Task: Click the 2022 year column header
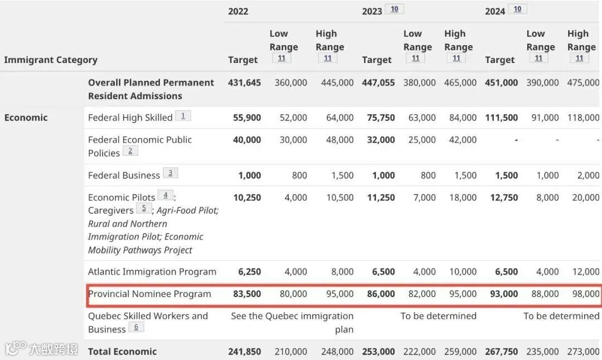pyautogui.click(x=238, y=11)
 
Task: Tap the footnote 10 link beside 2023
pyautogui.click(x=395, y=9)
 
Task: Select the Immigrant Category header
pyautogui.click(x=51, y=60)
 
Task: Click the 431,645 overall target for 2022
pyautogui.click(x=244, y=82)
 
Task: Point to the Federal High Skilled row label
pyautogui.click(x=130, y=118)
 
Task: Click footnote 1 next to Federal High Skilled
pyautogui.click(x=183, y=115)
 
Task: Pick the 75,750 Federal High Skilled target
pyautogui.click(x=381, y=118)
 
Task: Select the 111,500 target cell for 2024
pyautogui.click(x=501, y=118)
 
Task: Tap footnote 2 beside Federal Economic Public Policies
pyautogui.click(x=130, y=150)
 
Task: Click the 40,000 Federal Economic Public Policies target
pyautogui.click(x=246, y=140)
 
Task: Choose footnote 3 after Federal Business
pyautogui.click(x=170, y=173)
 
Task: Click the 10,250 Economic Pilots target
pyautogui.click(x=246, y=197)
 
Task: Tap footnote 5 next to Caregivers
pyautogui.click(x=143, y=208)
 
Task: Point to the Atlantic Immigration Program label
pyautogui.click(x=152, y=272)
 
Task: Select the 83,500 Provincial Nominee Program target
pyautogui.click(x=246, y=294)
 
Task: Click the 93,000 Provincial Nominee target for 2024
pyautogui.click(x=503, y=294)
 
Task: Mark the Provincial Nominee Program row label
pyautogui.click(x=149, y=294)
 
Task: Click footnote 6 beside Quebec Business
pyautogui.click(x=136, y=327)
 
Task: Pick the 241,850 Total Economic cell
pyautogui.click(x=244, y=352)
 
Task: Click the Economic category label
pyautogui.click(x=26, y=118)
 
